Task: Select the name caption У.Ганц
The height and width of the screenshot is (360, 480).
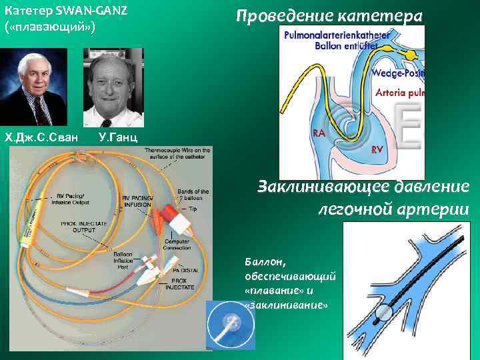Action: [118, 137]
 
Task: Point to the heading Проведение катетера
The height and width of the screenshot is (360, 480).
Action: [330, 15]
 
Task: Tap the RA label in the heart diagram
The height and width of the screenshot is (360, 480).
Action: [319, 133]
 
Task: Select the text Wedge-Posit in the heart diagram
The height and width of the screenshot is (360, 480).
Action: [397, 73]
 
